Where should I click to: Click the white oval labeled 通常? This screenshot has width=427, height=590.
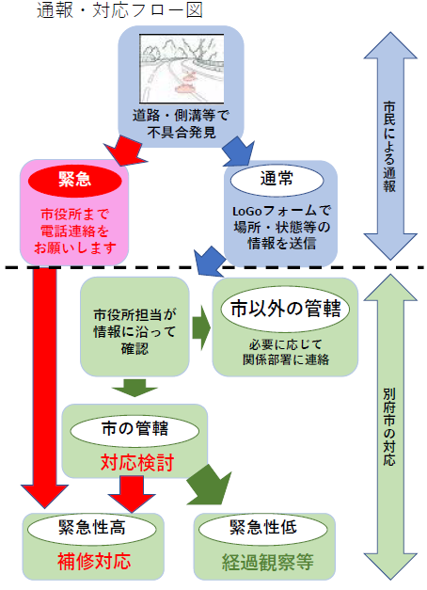[x=277, y=178]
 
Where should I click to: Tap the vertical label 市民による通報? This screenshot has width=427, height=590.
[x=389, y=146]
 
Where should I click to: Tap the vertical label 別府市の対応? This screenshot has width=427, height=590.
[x=389, y=428]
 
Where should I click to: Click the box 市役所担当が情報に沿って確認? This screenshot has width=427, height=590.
[x=134, y=330]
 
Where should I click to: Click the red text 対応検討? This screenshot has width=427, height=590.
[x=134, y=462]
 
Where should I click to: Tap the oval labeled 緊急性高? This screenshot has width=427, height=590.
[x=93, y=529]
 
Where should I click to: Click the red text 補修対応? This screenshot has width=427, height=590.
[x=93, y=562]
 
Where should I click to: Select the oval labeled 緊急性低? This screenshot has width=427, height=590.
[x=264, y=529]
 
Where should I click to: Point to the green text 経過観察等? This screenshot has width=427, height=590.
[x=264, y=562]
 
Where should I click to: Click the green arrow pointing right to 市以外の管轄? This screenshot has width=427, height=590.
[x=199, y=327]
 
